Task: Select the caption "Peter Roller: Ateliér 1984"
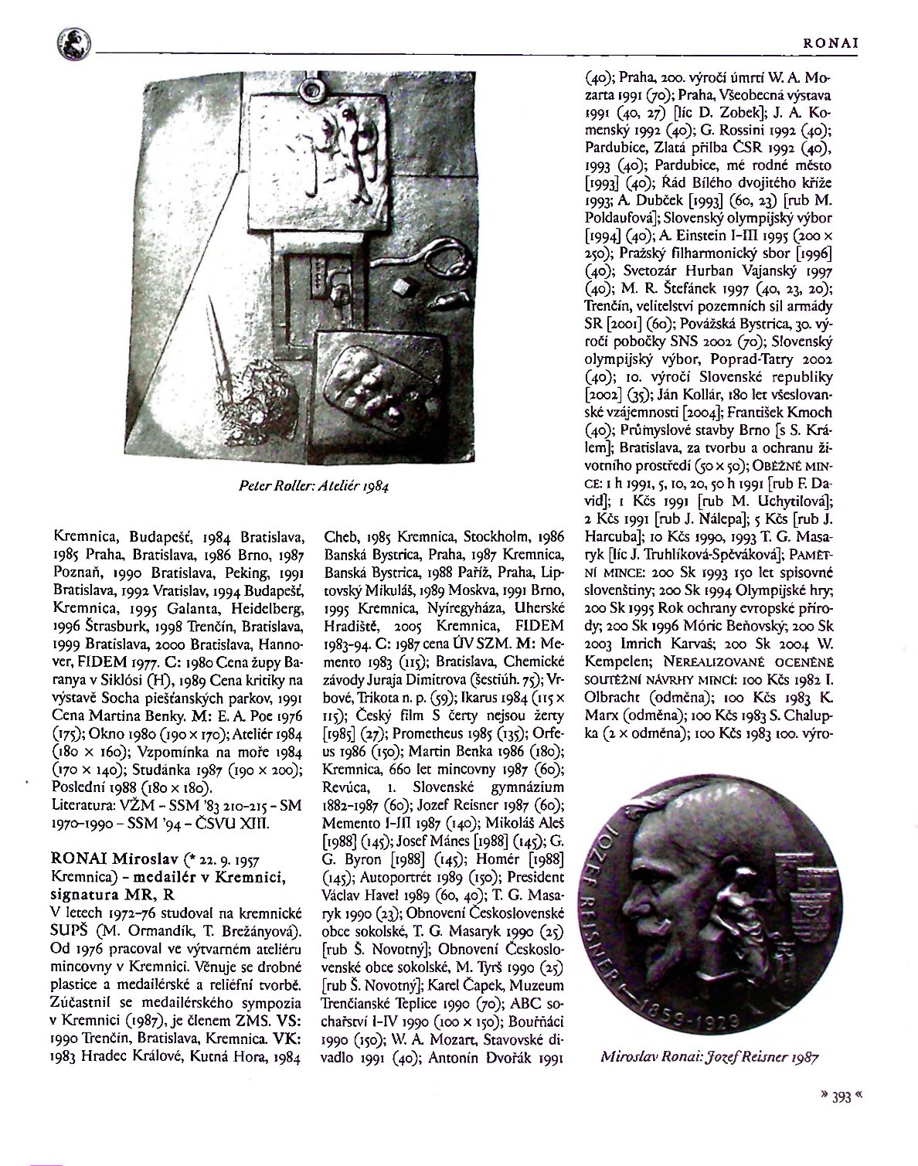[315, 487]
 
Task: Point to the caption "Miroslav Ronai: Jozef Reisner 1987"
[709, 1057]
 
